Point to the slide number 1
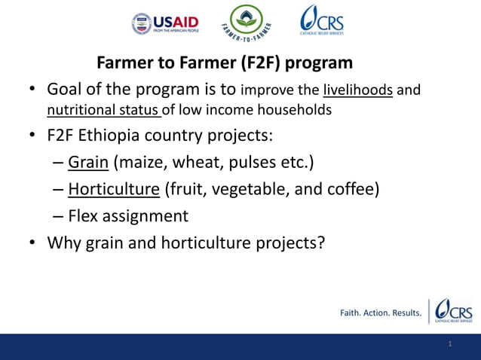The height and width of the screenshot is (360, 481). pyautogui.click(x=449, y=344)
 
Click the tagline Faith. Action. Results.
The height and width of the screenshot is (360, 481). pyautogui.click(x=381, y=313)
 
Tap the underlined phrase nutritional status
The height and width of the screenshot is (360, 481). pyautogui.click(x=103, y=111)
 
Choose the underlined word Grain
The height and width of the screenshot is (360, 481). pyautogui.click(x=88, y=162)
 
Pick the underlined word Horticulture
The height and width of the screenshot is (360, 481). pyautogui.click(x=114, y=188)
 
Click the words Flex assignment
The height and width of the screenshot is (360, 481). pyautogui.click(x=128, y=216)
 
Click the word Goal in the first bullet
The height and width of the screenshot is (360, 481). pyautogui.click(x=66, y=90)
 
